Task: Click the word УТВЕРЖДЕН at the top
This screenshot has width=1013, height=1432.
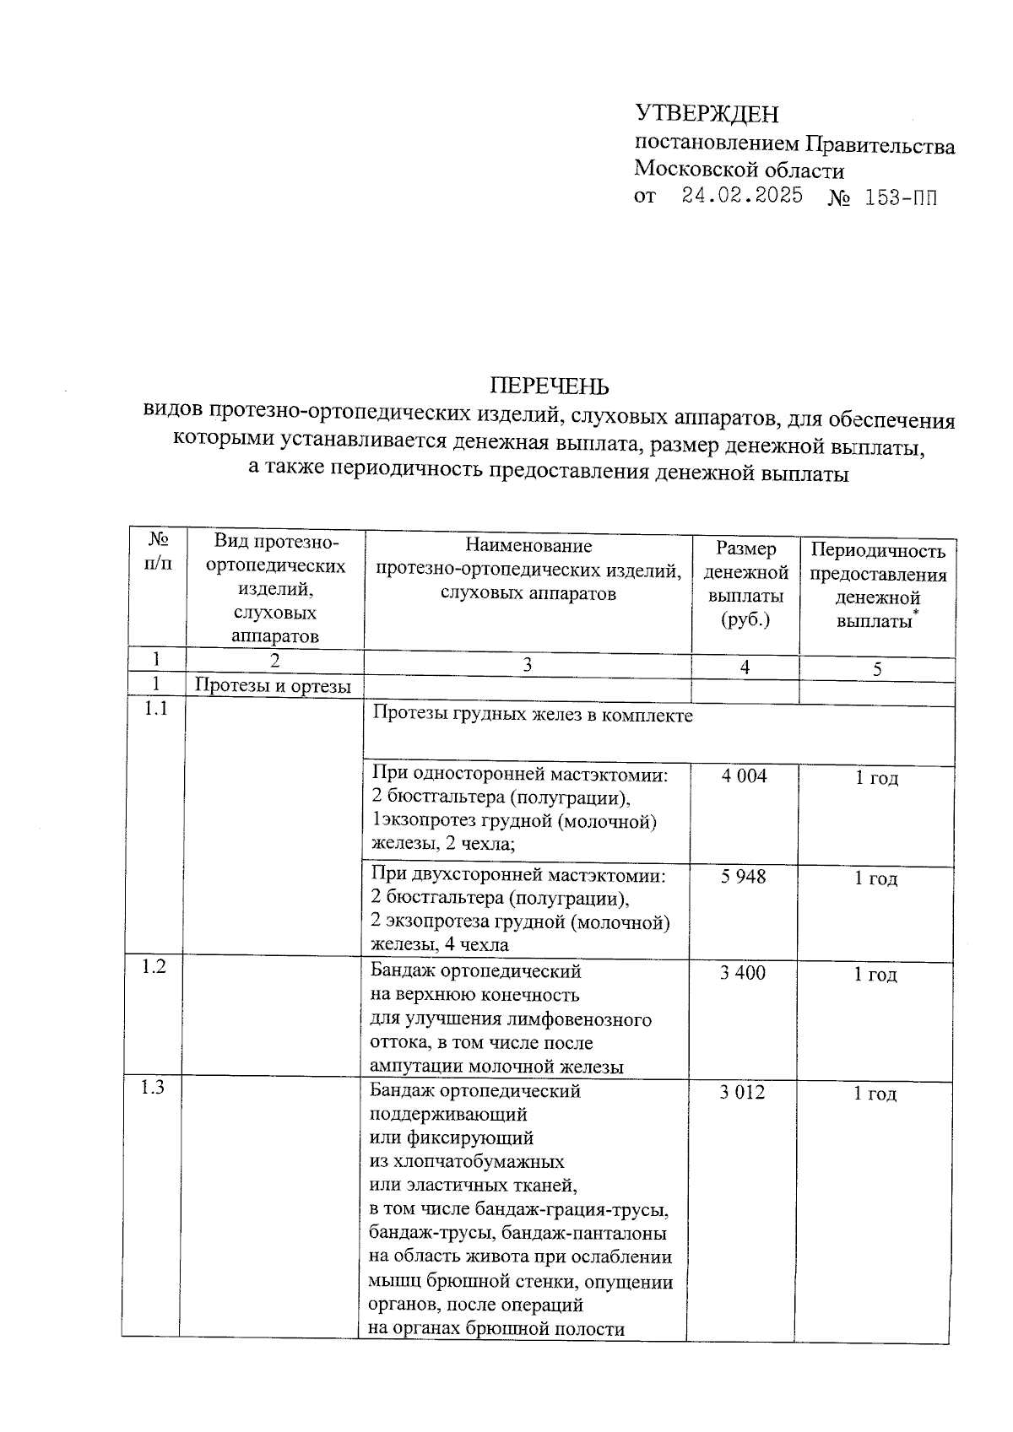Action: pyautogui.click(x=707, y=114)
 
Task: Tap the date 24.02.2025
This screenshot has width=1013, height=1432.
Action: pyautogui.click(x=742, y=197)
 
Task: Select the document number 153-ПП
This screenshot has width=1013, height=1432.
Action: pyautogui.click(x=901, y=199)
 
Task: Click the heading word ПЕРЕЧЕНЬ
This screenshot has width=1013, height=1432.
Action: pyautogui.click(x=549, y=387)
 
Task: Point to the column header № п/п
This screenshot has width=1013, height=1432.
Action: pyautogui.click(x=156, y=550)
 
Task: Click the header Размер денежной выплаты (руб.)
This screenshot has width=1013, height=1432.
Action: pyautogui.click(x=745, y=584)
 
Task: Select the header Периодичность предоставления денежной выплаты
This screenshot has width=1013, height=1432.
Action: pyautogui.click(x=878, y=586)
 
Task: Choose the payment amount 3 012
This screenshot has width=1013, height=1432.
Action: pyautogui.click(x=742, y=1092)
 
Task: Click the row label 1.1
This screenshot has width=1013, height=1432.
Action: pyautogui.click(x=155, y=709)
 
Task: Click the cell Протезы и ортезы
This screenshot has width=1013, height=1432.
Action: pyautogui.click(x=273, y=686)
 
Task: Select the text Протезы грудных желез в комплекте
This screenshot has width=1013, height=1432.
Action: pyautogui.click(x=533, y=716)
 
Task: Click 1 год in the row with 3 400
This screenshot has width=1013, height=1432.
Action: pyautogui.click(x=875, y=975)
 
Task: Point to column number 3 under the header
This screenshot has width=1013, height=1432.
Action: pyautogui.click(x=527, y=665)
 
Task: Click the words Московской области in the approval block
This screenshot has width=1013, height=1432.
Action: pyautogui.click(x=739, y=170)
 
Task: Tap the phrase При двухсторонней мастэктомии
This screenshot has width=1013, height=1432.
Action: pyautogui.click(x=518, y=876)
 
